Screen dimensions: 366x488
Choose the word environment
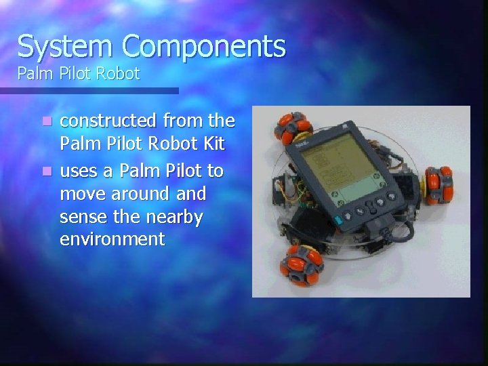112,239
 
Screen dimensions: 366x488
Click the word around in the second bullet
142,195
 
